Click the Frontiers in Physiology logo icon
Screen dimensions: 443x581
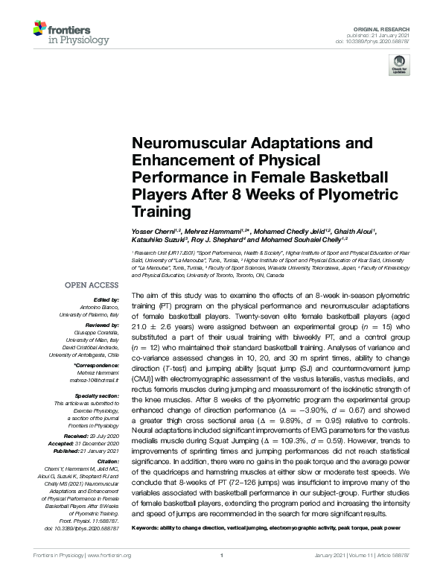click(40, 31)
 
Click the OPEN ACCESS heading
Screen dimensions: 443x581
click(92, 285)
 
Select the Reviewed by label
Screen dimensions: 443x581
click(102, 326)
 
